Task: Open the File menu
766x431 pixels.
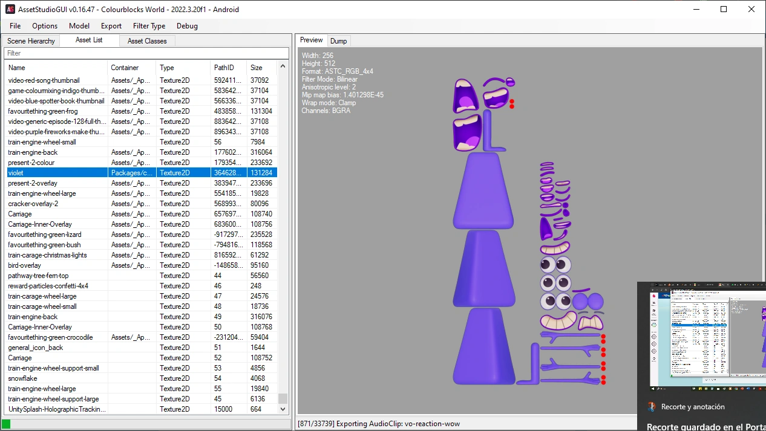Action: tap(15, 26)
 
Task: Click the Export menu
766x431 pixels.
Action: tap(111, 26)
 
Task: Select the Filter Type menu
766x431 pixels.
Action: tap(149, 26)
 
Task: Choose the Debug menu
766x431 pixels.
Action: tap(187, 26)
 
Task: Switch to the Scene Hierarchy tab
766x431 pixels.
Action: tap(31, 41)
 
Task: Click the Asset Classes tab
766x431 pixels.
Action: tap(147, 41)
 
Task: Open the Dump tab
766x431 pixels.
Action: tap(339, 41)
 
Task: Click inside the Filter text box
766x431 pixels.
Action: tap(145, 53)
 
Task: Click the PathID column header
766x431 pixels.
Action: tap(223, 68)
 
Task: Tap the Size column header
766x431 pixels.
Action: tap(257, 68)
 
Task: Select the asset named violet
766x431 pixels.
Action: tap(16, 173)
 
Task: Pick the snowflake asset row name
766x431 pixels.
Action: tap(22, 378)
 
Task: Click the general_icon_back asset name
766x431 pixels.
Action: tap(36, 348)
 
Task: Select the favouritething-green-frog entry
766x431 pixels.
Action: tap(43, 111)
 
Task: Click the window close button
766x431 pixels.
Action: tap(751, 9)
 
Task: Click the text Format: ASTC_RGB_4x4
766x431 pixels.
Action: tap(337, 71)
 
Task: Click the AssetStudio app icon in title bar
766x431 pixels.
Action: tap(10, 9)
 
